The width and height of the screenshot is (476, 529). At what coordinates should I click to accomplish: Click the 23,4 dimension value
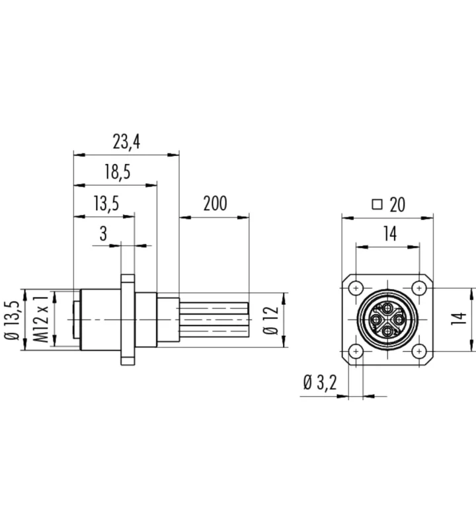coord(126,142)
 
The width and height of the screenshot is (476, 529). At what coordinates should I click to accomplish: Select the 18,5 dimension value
coord(117,173)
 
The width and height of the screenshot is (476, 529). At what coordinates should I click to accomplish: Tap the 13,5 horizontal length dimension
coord(106,204)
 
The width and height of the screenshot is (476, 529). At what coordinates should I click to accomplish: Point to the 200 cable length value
coord(215,203)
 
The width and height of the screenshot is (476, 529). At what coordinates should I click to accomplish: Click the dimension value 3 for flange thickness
coord(103,233)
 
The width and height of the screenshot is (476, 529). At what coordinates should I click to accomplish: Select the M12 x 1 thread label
coord(42,319)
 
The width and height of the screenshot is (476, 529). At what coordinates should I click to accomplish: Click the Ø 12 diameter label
coord(270,320)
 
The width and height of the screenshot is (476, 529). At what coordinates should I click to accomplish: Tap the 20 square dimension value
coord(397,205)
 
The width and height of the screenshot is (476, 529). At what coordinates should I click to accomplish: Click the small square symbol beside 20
coord(377,204)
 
